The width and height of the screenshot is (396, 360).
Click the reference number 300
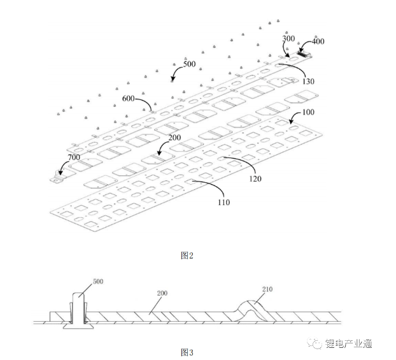point(289,39)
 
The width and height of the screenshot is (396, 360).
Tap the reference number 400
point(318,41)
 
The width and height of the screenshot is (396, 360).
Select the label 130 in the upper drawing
point(308,82)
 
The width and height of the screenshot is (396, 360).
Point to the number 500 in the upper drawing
point(189,64)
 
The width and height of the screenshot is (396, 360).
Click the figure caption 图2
point(187,255)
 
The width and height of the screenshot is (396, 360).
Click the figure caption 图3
point(187,351)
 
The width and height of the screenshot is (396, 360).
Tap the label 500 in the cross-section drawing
point(97,281)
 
